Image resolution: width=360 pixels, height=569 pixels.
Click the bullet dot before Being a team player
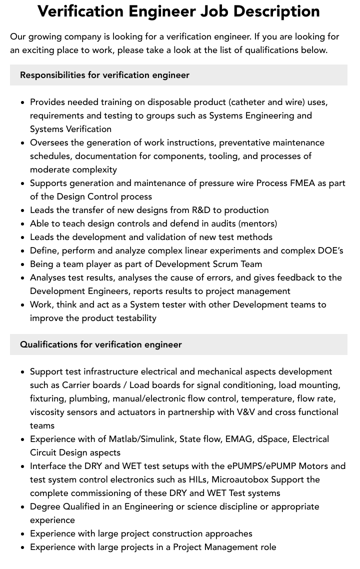(22, 264)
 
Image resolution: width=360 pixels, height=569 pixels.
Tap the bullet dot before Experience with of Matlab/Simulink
(22, 439)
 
